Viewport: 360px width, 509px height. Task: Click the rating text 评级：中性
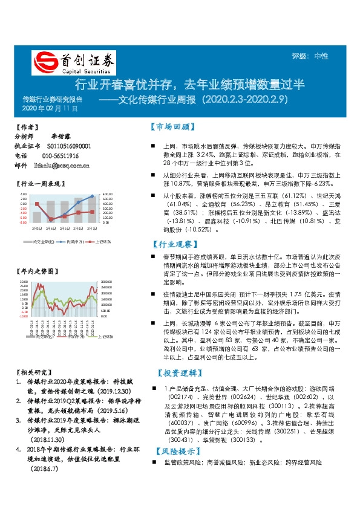coord(310,56)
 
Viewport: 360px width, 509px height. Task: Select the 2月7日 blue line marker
coord(93,196)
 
